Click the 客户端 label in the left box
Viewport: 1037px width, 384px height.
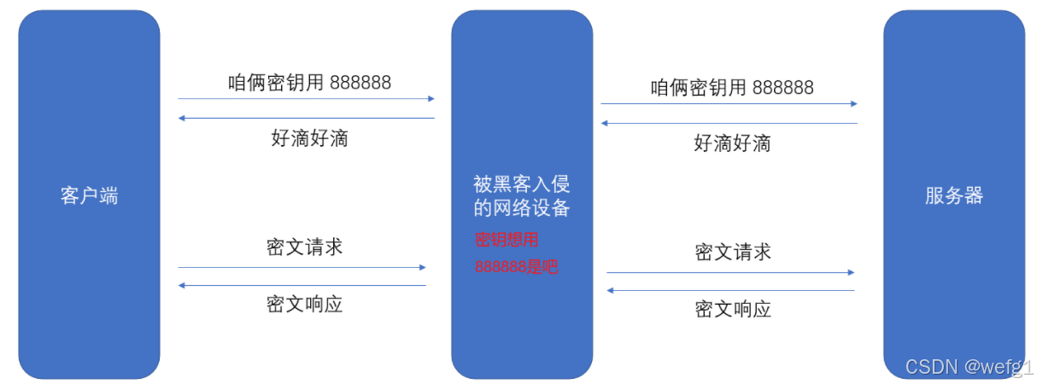89,195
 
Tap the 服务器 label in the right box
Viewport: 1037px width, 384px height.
953,195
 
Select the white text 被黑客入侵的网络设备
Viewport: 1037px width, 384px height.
521,195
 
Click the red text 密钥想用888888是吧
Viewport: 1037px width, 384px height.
516,253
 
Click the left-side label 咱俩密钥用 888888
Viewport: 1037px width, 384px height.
309,82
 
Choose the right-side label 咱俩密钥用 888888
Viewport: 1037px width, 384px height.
732,87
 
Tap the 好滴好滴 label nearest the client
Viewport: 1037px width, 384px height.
309,138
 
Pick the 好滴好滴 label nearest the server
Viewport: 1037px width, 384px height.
732,143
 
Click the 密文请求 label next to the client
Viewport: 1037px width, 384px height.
304,247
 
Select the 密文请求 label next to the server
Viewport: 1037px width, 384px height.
733,252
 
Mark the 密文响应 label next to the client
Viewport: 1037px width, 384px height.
304,304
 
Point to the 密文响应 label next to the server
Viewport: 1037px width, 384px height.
733,309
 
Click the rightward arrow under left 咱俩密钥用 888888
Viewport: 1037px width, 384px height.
306,99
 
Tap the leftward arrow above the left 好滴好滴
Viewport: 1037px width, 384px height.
306,119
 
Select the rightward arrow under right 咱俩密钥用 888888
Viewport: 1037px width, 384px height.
729,104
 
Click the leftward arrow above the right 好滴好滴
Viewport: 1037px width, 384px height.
729,124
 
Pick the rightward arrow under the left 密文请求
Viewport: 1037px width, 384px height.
302,267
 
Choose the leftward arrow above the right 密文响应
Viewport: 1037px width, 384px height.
730,291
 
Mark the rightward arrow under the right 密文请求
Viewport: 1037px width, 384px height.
730,272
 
